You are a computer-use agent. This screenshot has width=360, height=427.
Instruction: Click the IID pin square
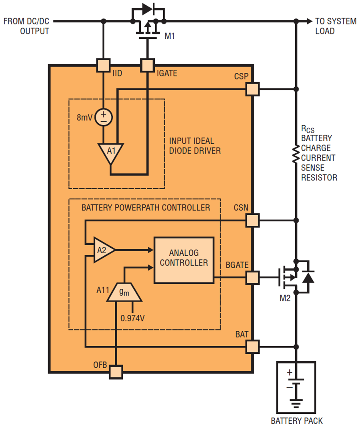coord(103,65)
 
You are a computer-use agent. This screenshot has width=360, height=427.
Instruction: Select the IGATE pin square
coord(147,65)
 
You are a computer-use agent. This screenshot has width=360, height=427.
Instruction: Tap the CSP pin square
coord(252,89)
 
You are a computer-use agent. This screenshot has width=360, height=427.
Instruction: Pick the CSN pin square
coord(252,220)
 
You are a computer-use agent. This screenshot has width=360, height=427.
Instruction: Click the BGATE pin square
coord(252,277)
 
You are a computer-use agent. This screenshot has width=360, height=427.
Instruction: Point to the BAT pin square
coord(252,346)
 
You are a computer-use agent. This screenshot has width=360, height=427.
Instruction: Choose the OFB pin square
coord(116,372)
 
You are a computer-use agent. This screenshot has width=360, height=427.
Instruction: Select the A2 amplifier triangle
coord(103,250)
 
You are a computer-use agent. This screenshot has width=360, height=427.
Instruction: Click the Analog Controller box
coord(184,260)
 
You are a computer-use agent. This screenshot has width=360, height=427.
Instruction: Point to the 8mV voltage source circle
coord(104,116)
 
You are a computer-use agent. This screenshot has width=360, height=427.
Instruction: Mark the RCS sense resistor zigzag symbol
coord(296,154)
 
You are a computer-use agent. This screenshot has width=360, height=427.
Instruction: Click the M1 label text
coord(170,37)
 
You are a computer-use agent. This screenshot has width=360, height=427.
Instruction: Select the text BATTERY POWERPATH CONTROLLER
coord(146,208)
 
